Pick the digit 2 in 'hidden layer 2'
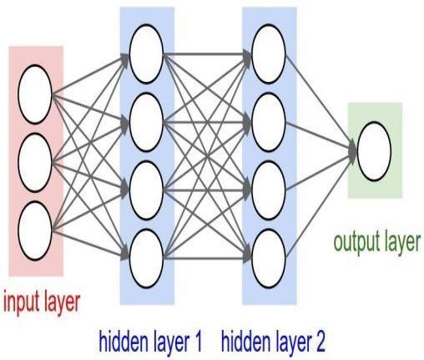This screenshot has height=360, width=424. pyautogui.click(x=319, y=341)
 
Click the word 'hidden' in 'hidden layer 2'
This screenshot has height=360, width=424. pyautogui.click(x=245, y=341)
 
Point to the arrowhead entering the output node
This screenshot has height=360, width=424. pyautogui.click(x=353, y=151)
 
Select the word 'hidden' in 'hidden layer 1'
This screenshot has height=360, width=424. pyautogui.click(x=124, y=341)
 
